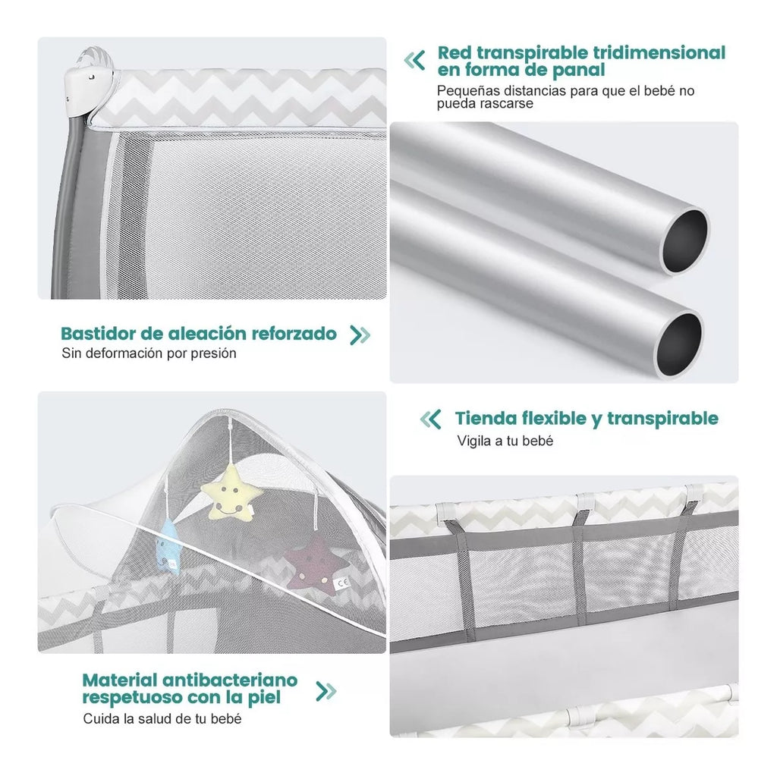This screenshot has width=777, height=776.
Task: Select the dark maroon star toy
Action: point(316,565)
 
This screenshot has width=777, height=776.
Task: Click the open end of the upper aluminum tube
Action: point(685,241)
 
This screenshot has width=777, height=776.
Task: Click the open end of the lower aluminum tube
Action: point(679,344)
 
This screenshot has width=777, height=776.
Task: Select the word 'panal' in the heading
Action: point(579,70)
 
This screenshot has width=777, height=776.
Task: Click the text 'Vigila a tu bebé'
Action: point(505,441)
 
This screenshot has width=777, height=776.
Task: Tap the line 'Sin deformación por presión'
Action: point(149,353)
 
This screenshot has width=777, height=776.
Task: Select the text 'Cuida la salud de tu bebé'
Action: point(162,718)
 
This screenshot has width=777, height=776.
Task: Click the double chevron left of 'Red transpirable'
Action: point(415,61)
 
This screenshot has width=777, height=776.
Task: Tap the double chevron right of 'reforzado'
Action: point(360,335)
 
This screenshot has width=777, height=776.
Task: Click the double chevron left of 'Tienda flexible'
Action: point(430,419)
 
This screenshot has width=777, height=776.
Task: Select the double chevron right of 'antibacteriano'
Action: point(326,691)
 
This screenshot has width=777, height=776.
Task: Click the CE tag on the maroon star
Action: point(342,584)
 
